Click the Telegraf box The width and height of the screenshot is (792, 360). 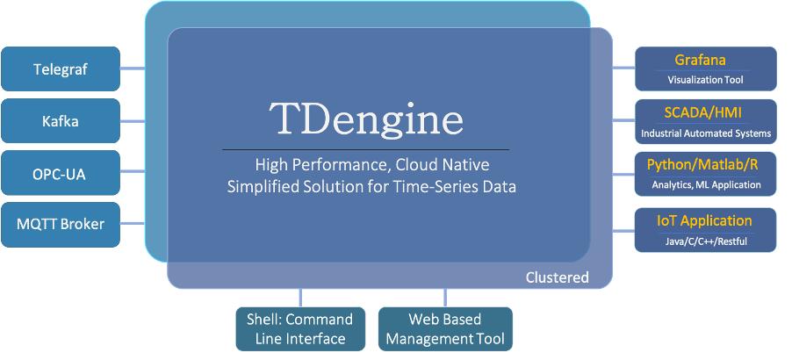[61, 68]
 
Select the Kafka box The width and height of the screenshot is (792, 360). [61, 121]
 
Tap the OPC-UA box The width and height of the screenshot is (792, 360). [61, 173]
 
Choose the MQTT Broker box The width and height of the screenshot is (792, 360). [61, 224]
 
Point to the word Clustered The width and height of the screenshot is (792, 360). [557, 277]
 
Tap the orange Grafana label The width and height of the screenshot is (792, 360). [700, 61]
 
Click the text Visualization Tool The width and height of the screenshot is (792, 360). [705, 80]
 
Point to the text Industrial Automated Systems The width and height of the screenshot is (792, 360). [706, 134]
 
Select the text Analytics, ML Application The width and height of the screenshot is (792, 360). [706, 185]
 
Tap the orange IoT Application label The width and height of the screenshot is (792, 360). [705, 220]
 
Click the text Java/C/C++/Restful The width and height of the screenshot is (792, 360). [706, 241]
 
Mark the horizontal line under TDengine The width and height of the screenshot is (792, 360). [365, 150]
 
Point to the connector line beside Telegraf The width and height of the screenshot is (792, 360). [133, 68]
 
